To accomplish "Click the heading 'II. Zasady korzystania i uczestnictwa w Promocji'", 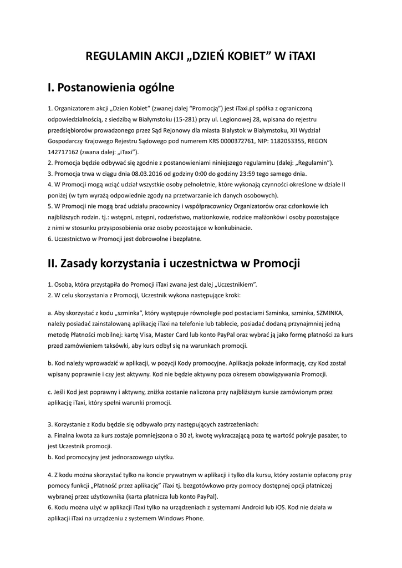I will pos(174,263).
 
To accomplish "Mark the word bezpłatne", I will pos(185,239).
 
